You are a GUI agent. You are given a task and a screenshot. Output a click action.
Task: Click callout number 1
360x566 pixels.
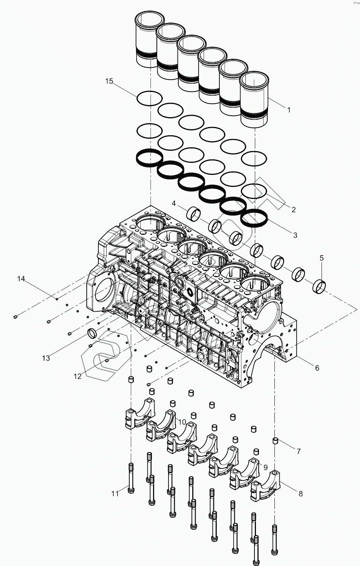(289, 110)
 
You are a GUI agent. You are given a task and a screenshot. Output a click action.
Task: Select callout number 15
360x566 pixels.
(109, 81)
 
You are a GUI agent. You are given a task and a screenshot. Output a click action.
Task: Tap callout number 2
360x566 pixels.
(293, 210)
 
